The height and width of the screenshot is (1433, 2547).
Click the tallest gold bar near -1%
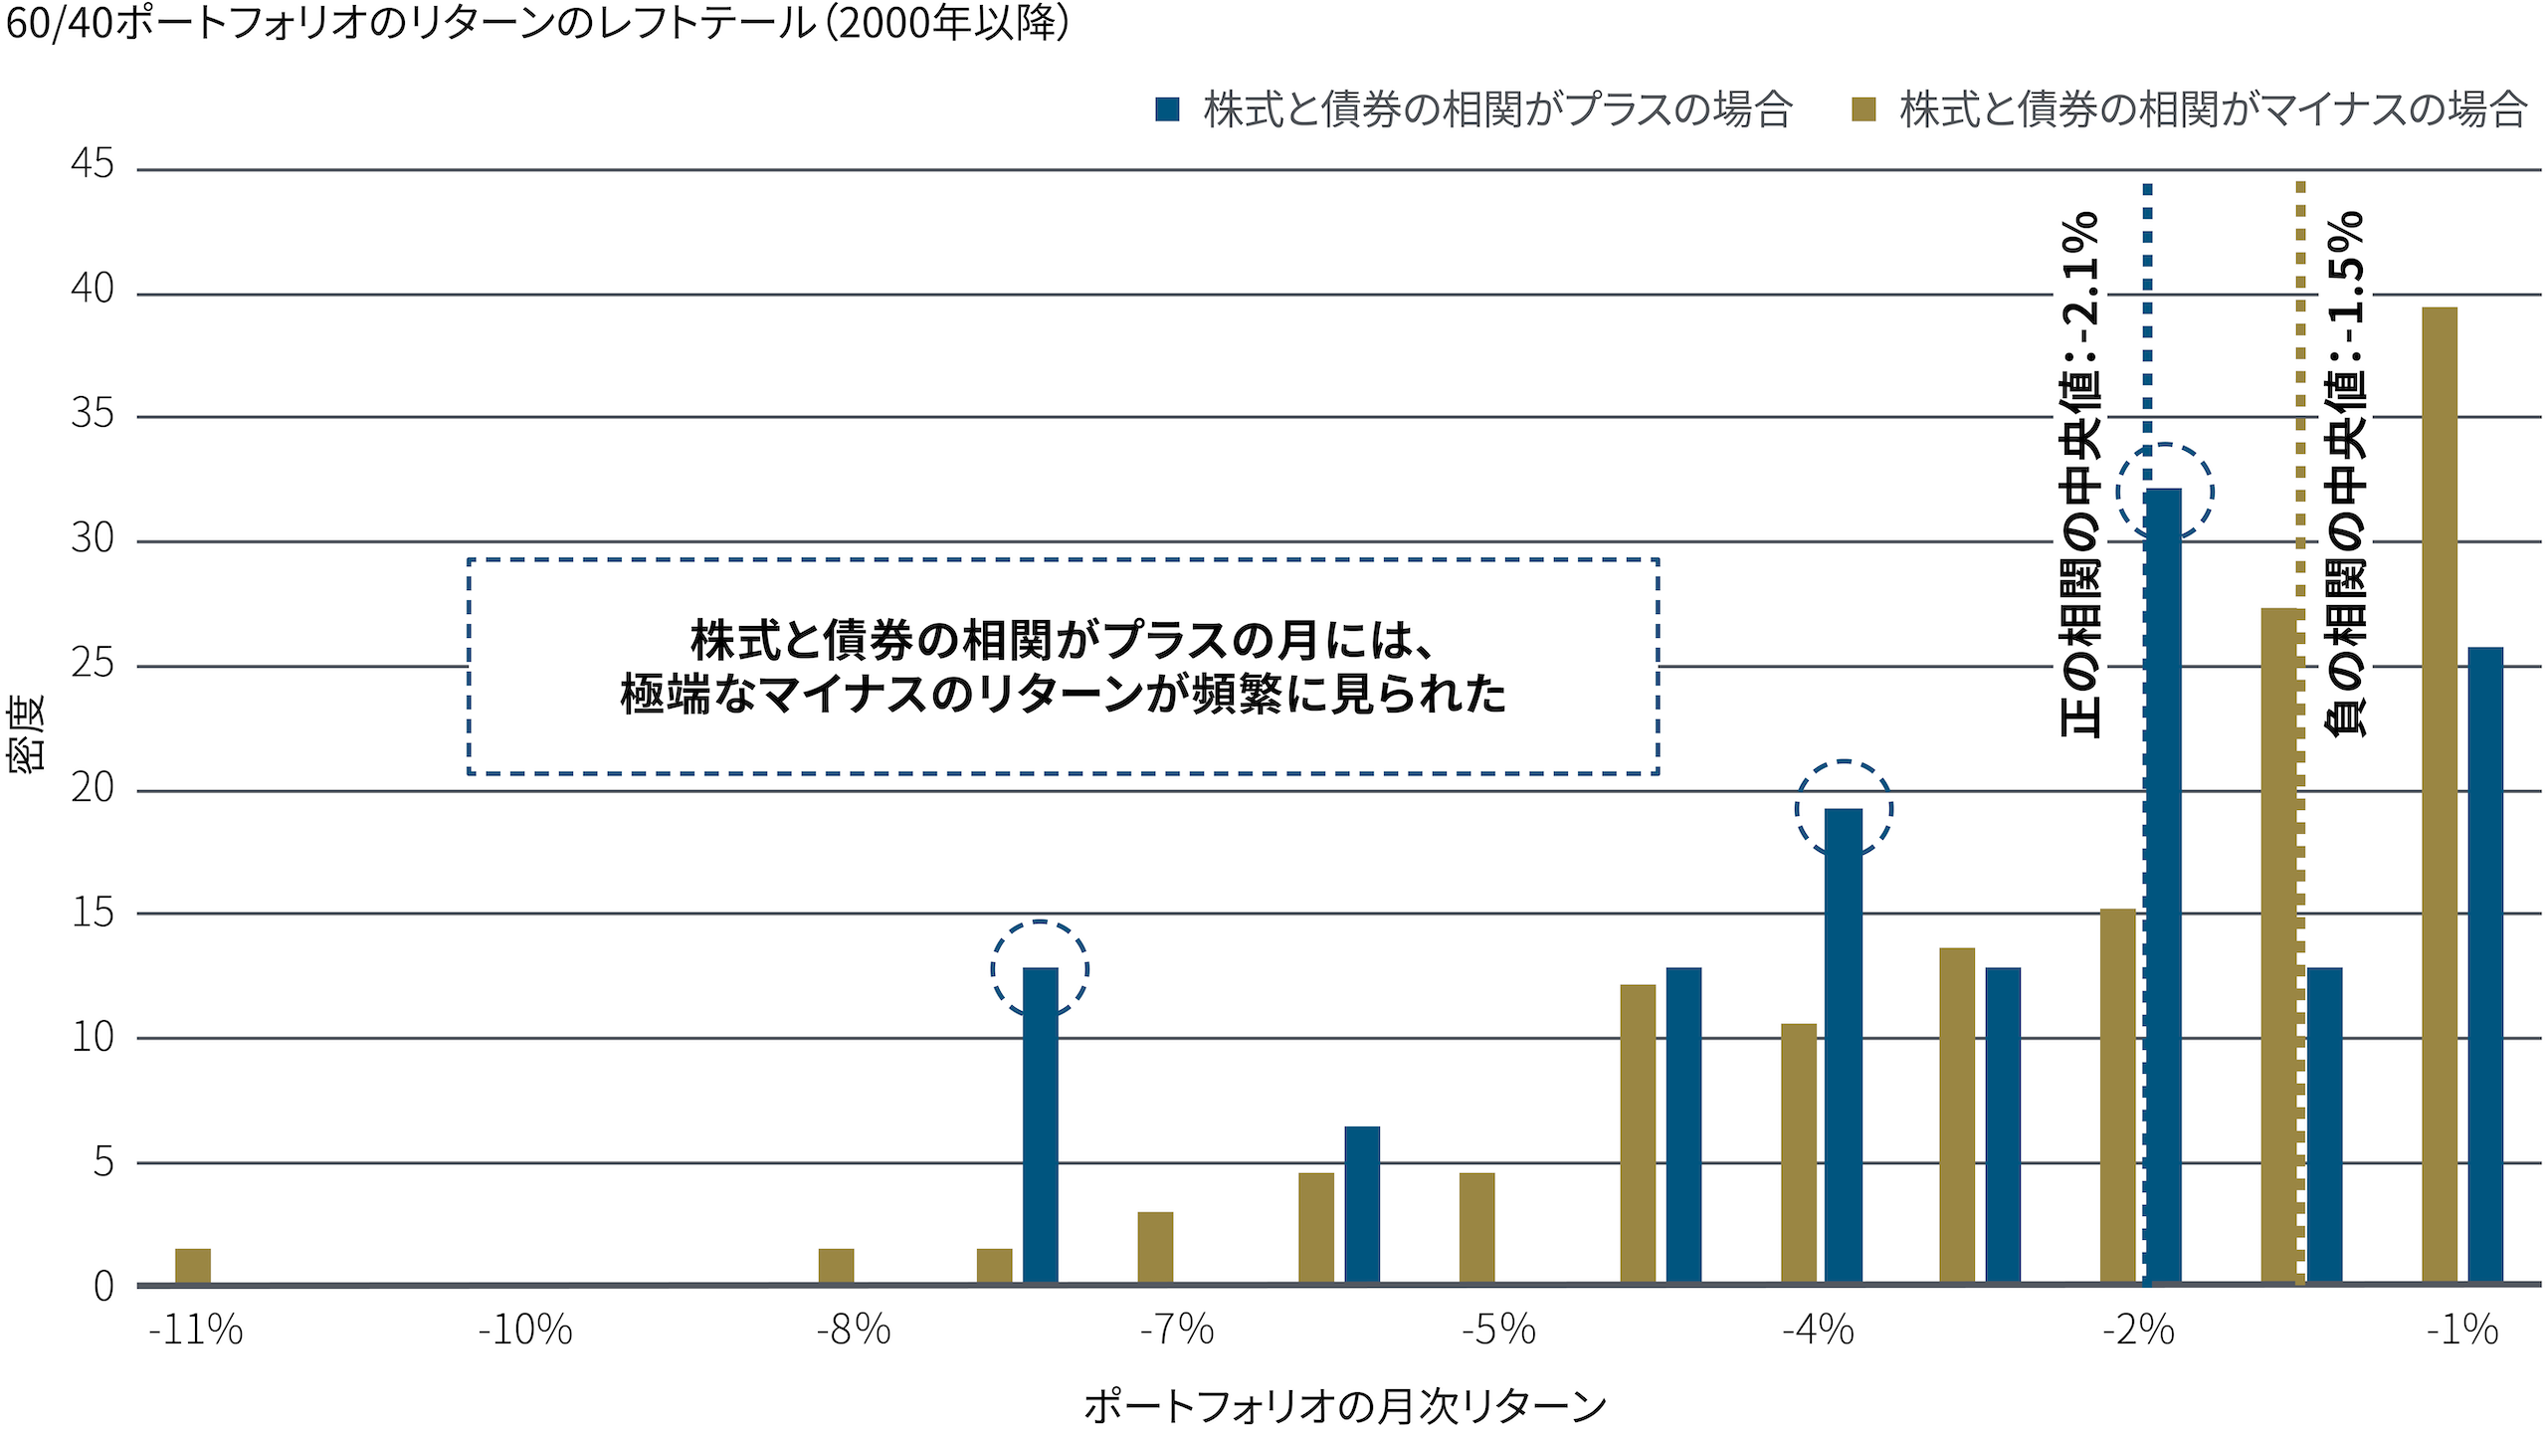(x=2439, y=796)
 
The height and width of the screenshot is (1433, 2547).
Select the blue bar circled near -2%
(x=2163, y=886)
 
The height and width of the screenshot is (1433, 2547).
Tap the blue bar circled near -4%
(x=1843, y=1045)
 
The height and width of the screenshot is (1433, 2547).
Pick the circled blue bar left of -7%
(x=1040, y=1125)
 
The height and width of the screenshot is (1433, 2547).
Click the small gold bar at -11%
(x=193, y=1266)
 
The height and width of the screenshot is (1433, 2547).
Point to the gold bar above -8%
(x=836, y=1266)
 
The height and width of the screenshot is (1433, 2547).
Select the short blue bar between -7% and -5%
(x=1362, y=1204)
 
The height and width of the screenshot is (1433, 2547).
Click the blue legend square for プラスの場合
(x=1167, y=109)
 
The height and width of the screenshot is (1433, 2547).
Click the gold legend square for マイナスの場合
(x=1863, y=109)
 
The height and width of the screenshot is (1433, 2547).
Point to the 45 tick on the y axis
(x=93, y=164)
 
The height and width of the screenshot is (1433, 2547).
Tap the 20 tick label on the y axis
(x=93, y=788)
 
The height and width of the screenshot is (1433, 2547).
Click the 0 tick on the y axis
(x=103, y=1287)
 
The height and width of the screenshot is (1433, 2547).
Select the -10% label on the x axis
(x=525, y=1330)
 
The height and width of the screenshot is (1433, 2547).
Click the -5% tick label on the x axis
(x=1498, y=1330)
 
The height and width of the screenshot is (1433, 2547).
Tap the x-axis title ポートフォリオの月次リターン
(x=1345, y=1406)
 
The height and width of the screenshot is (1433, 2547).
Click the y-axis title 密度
(x=26, y=733)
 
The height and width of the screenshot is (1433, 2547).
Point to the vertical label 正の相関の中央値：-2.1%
(x=2079, y=475)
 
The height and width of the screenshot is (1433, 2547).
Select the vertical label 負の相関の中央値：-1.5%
(x=2345, y=475)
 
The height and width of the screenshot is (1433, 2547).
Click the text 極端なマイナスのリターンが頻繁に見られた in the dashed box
(x=1063, y=695)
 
